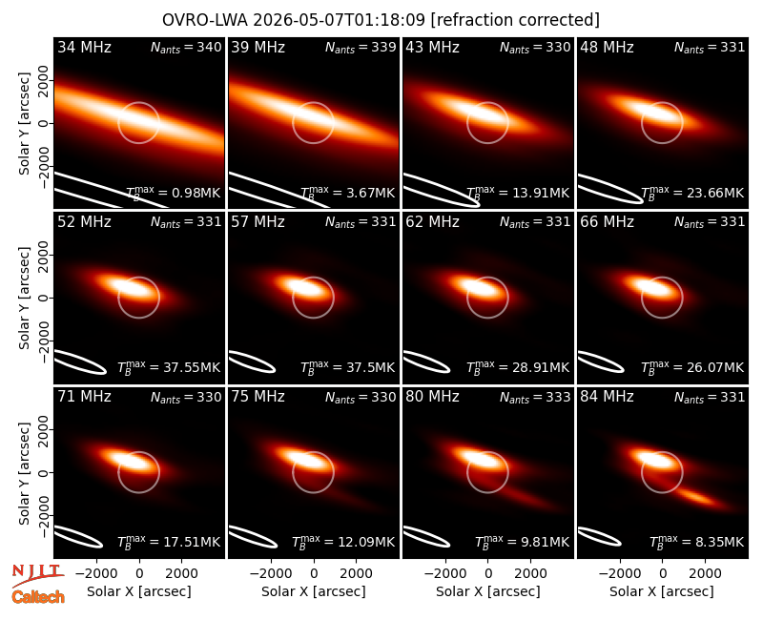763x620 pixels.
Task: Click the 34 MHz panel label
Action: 84,47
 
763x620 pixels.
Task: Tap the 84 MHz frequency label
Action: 607,397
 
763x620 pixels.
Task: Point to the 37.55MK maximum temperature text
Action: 169,367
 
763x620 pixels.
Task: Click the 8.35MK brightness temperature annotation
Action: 697,542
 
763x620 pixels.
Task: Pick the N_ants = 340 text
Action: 186,47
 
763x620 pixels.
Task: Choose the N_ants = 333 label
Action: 535,397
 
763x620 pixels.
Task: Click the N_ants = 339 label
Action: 361,47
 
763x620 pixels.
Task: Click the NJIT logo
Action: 37,575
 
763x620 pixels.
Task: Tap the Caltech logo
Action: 38,597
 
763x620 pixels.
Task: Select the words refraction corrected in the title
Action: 515,20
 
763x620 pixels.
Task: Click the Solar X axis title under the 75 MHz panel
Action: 314,591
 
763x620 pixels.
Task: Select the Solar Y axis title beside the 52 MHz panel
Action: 24,298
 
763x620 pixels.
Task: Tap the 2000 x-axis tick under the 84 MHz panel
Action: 705,574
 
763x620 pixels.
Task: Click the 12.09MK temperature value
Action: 343,542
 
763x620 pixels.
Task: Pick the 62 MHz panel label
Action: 433,222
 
